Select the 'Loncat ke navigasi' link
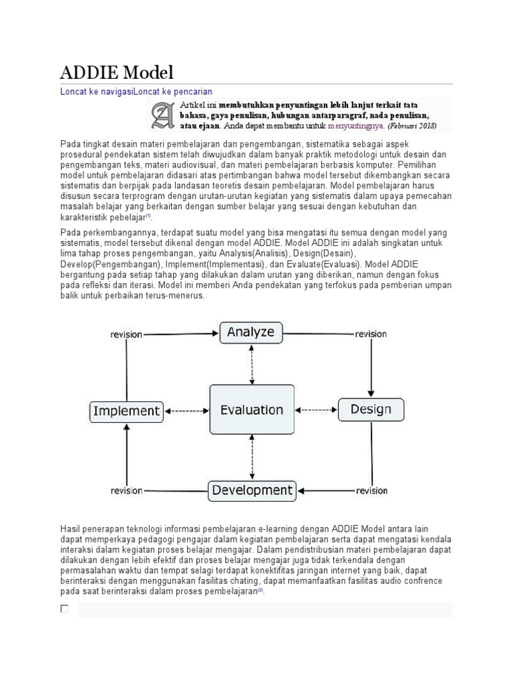coord(97,91)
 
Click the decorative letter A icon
coord(162,116)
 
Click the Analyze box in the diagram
coord(251,333)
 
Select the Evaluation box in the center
coord(251,409)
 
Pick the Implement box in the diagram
coord(126,411)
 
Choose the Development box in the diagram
coord(251,490)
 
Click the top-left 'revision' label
coord(126,334)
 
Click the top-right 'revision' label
coord(371,334)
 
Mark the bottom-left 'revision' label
coord(126,491)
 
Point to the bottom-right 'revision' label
coord(371,491)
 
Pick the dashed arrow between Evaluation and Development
coord(252,457)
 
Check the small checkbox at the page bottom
coord(65,609)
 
